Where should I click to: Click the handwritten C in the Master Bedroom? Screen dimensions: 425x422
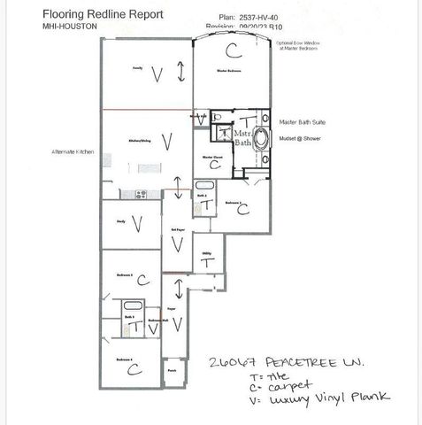click(x=234, y=48)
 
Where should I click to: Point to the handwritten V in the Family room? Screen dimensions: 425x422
click(x=156, y=77)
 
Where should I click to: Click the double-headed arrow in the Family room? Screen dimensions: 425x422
click(x=180, y=75)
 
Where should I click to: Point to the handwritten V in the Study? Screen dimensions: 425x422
click(x=137, y=220)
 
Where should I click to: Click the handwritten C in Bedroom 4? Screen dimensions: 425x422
click(x=130, y=366)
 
